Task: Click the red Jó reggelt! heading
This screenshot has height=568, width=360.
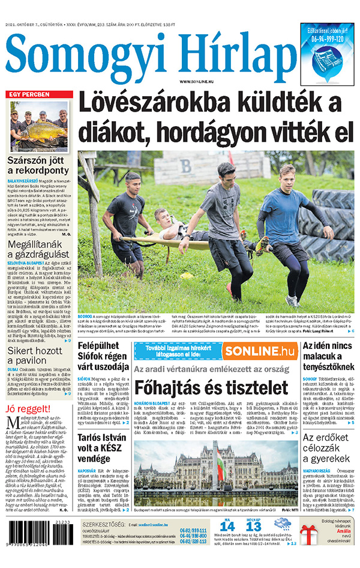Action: coord(29,410)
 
